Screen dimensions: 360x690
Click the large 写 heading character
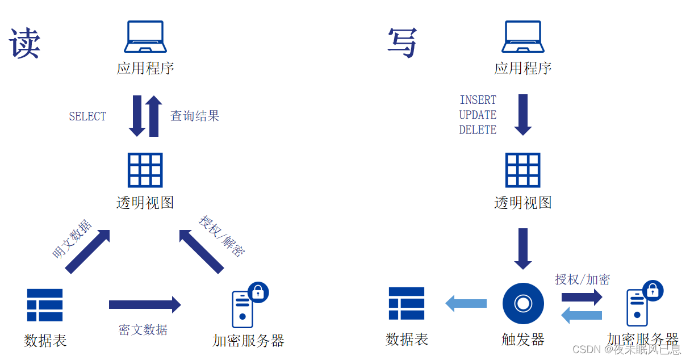403,43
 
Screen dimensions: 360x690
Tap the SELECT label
87,116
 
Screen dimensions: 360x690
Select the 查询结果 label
195,116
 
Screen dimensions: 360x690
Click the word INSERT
478,100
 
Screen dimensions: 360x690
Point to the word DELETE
478,130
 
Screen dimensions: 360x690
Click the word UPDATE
478,115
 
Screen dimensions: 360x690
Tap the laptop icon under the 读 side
145,37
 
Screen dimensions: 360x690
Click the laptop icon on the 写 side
523,37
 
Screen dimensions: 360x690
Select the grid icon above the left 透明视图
145,170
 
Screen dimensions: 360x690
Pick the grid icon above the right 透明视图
523,170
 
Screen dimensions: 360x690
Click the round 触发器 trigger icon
523,304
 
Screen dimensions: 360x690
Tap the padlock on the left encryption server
258,292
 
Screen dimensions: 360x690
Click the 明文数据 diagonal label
72,240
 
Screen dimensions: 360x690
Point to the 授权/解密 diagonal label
222,235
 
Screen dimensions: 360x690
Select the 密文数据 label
143,329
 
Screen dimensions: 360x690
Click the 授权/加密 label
582,279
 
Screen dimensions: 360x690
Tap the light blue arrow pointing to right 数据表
466,303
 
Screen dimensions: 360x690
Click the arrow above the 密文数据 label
145,305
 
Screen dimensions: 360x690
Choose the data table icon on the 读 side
45,305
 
